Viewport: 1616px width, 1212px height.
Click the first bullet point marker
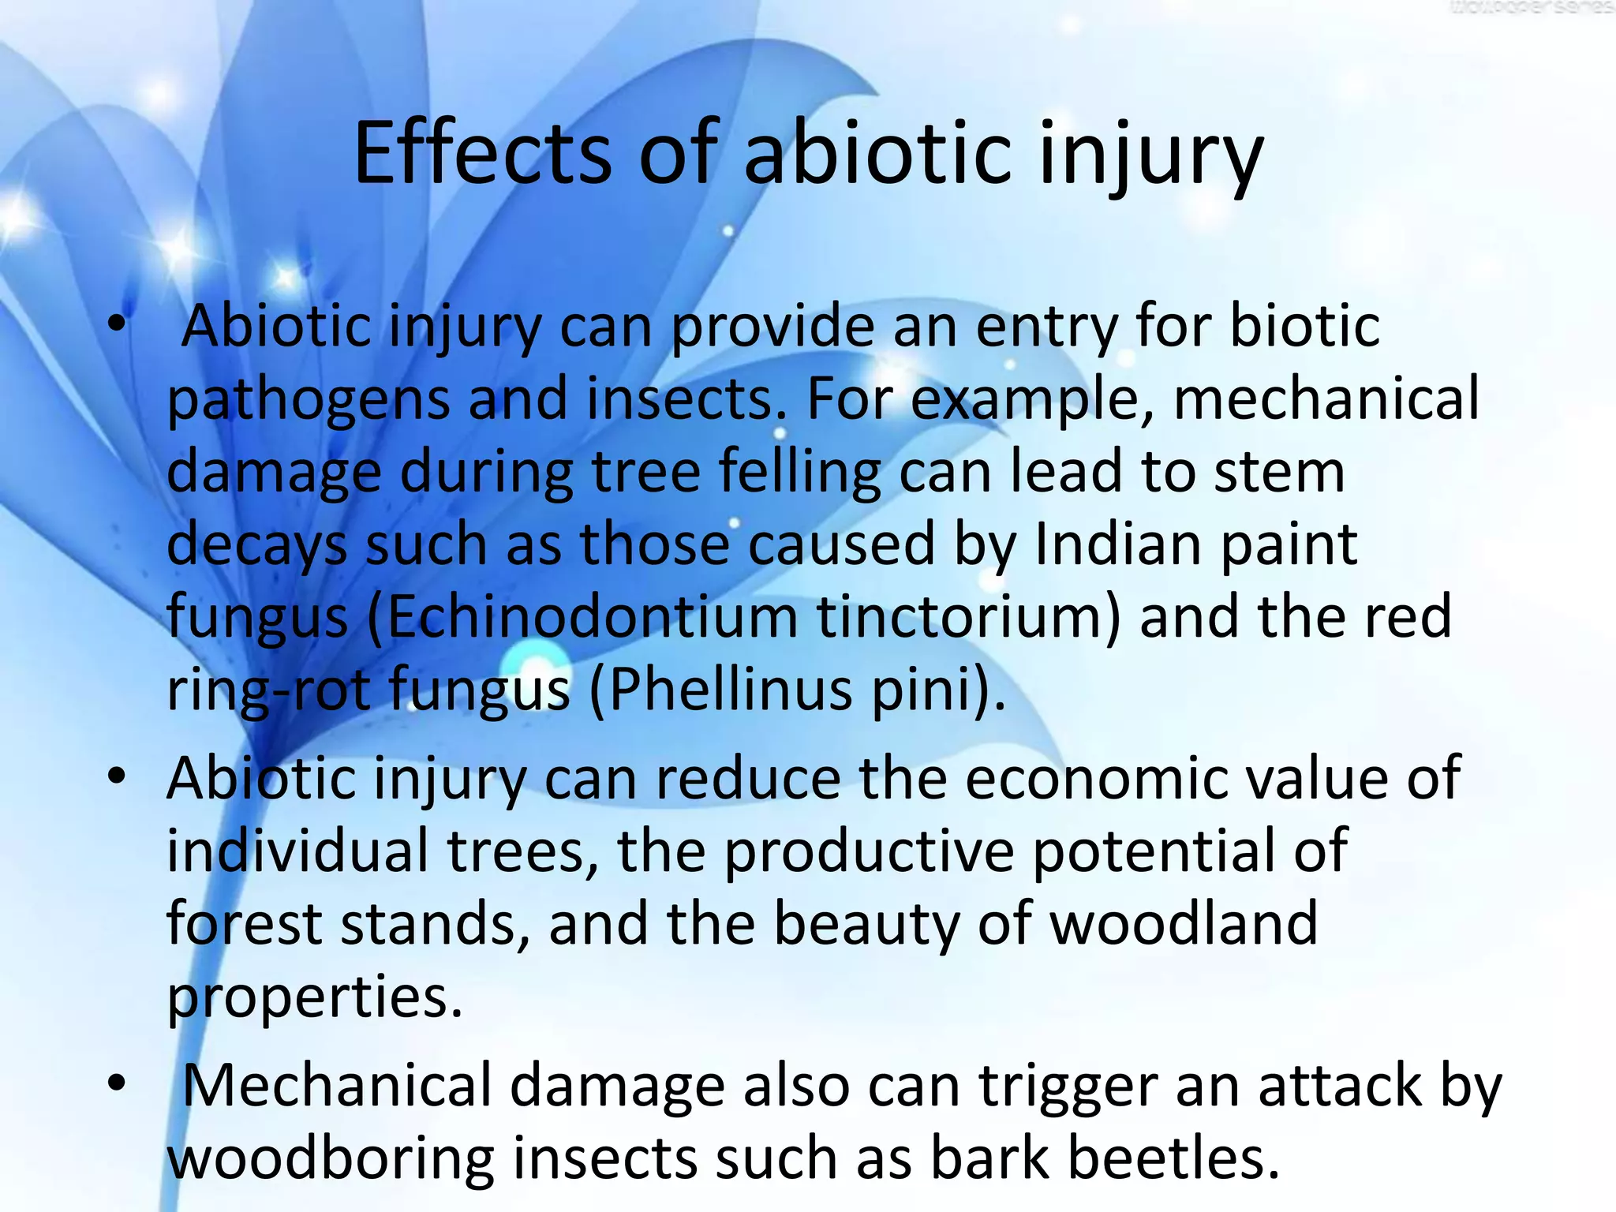(117, 324)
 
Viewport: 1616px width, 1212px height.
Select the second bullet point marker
(117, 776)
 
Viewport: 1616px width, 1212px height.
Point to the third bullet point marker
(117, 1083)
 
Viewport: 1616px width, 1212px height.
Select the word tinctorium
(967, 616)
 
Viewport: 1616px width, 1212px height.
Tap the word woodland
(1184, 923)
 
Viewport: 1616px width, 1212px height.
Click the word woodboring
(331, 1158)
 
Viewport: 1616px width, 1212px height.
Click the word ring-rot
(268, 689)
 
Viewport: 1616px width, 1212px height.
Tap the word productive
(869, 851)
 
